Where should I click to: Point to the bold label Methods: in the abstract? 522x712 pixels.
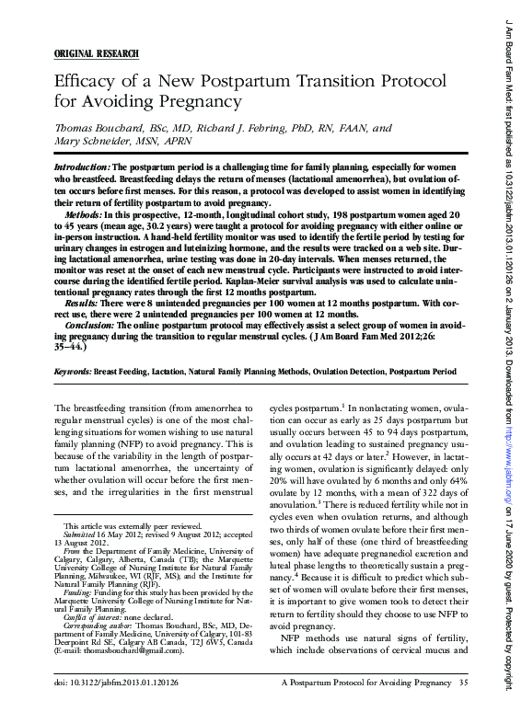click(74, 212)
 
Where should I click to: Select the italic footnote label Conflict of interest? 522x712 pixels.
click(100, 618)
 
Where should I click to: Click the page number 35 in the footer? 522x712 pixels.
click(463, 683)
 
